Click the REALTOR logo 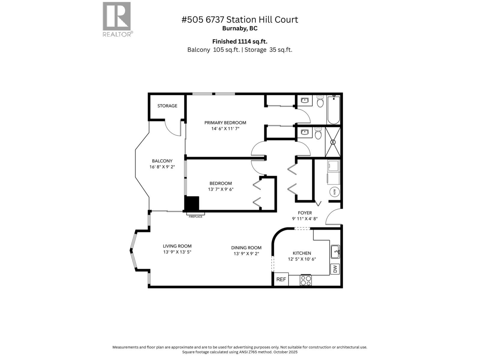117,19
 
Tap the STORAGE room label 167,106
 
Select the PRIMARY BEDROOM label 225,123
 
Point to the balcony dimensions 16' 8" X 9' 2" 162,167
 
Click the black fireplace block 192,203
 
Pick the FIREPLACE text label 196,217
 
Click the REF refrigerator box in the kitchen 281,279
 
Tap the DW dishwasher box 335,269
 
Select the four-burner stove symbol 306,280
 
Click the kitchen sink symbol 335,252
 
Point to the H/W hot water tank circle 335,192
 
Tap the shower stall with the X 333,142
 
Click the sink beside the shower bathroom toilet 305,132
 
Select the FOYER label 305,213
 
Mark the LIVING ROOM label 177,246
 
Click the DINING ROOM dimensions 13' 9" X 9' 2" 246,254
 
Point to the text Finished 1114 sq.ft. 240,41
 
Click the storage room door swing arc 172,129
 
